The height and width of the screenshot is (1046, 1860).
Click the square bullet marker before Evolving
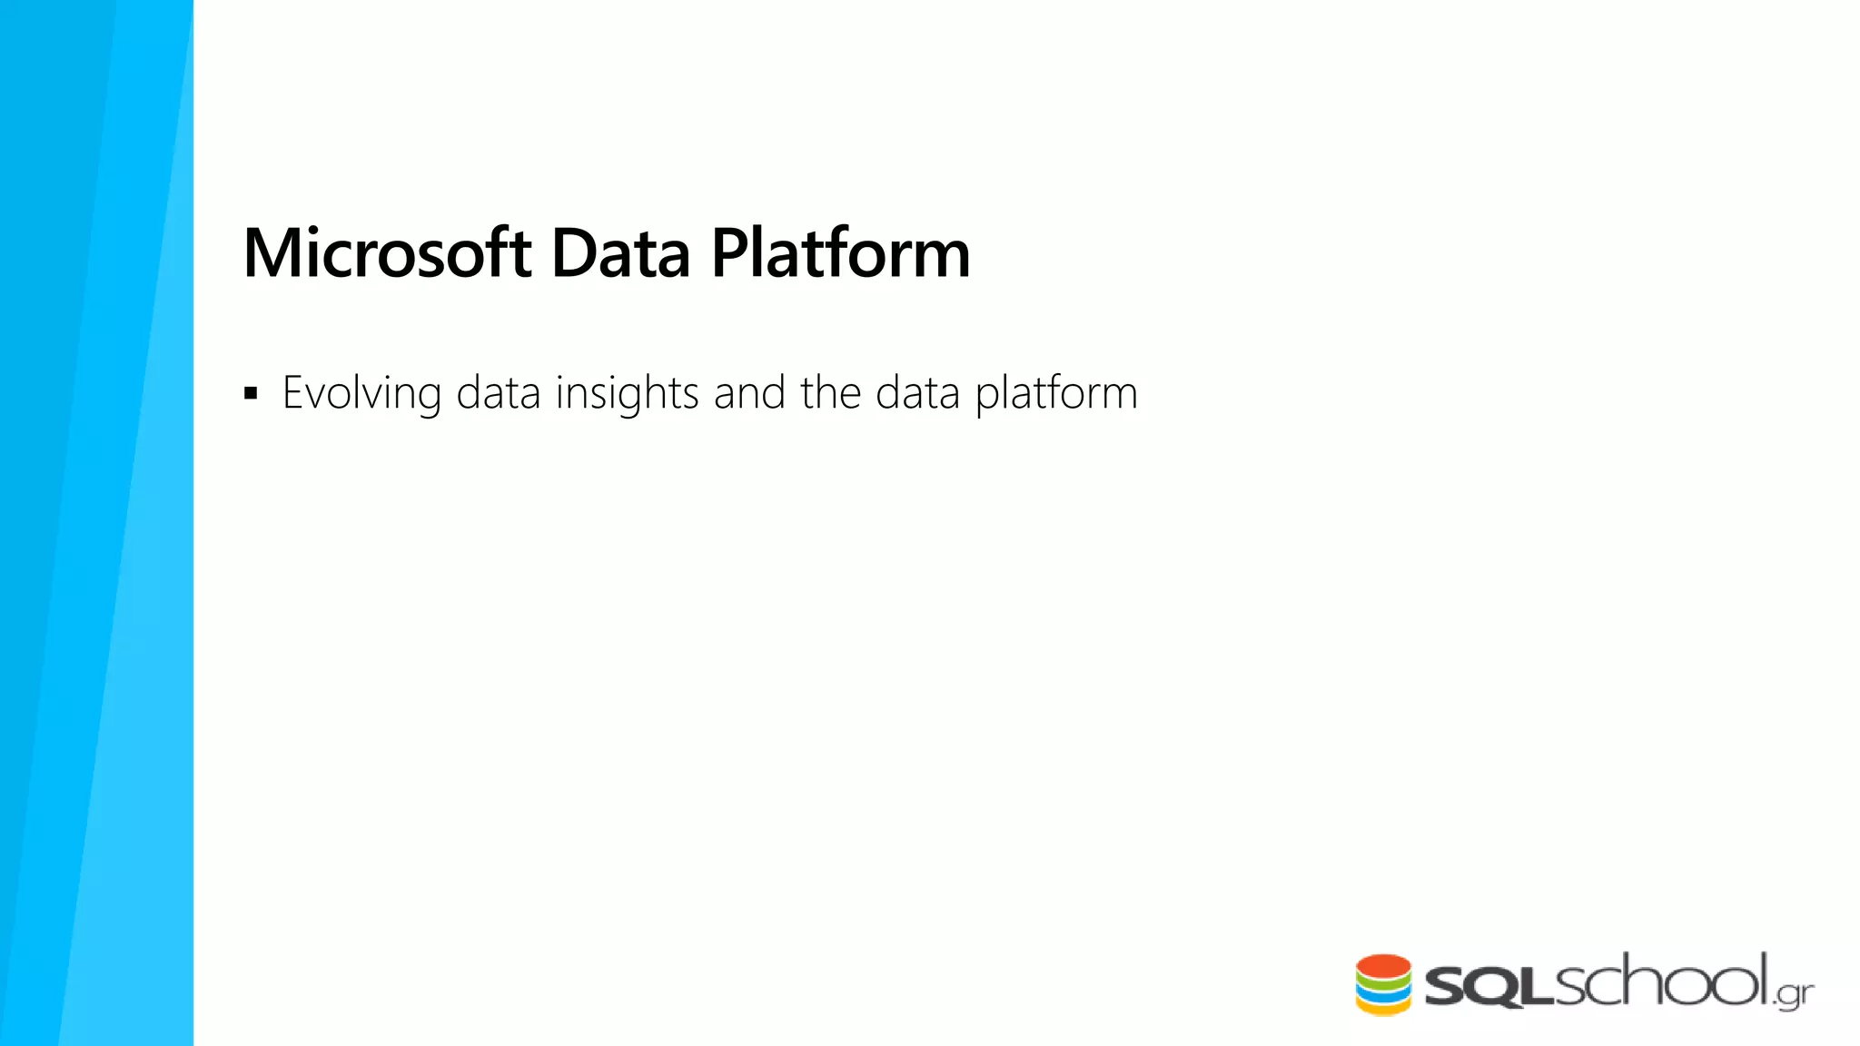pyautogui.click(x=252, y=394)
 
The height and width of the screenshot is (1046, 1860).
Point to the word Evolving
pyautogui.click(x=361, y=394)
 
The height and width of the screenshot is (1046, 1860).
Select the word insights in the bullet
pyautogui.click(x=627, y=394)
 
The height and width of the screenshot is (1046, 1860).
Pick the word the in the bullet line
pyautogui.click(x=830, y=394)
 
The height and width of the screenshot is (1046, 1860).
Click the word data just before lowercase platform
pyautogui.click(x=917, y=394)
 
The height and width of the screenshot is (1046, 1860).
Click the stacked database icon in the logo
pyautogui.click(x=1383, y=984)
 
